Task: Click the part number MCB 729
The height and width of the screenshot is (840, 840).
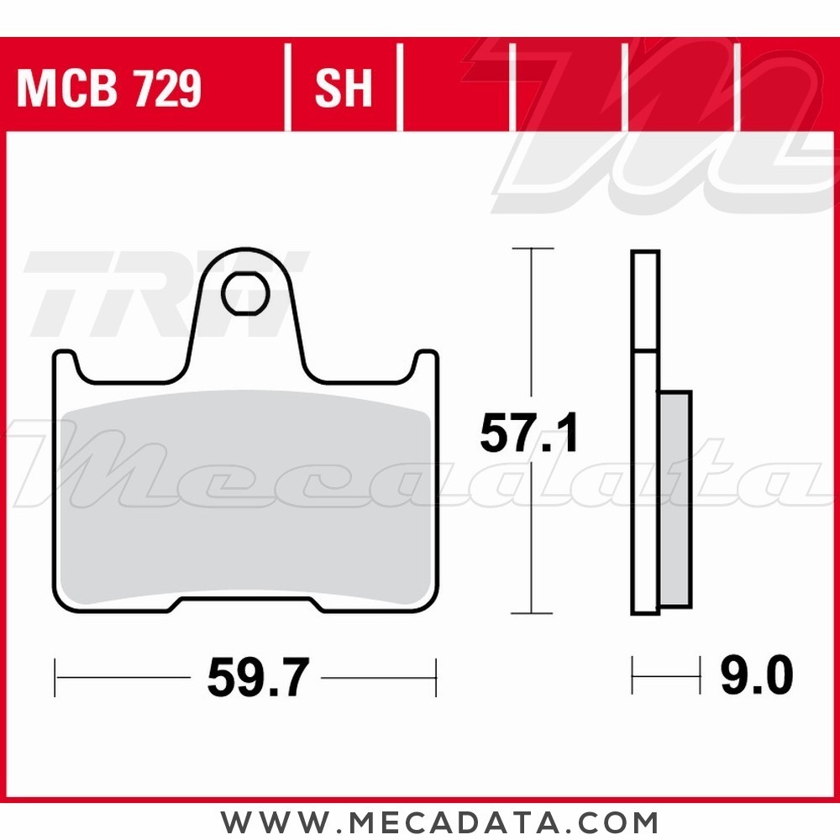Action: coord(109,88)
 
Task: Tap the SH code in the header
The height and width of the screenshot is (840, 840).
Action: coord(344,88)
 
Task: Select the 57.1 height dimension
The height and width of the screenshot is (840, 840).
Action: coord(529,433)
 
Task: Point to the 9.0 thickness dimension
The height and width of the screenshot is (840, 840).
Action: coord(757,675)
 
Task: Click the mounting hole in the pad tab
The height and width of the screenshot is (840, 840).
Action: coord(245,293)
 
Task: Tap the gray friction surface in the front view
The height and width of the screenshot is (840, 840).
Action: coord(245,497)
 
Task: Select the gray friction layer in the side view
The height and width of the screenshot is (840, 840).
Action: coord(675,499)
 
